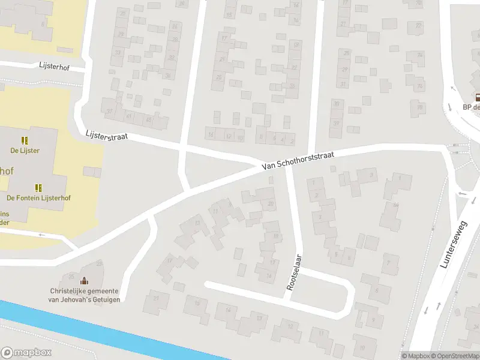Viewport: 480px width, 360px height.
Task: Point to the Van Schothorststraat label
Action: click(298, 160)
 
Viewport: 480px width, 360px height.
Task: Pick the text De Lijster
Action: click(25, 151)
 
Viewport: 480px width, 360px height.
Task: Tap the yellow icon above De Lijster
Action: click(25, 140)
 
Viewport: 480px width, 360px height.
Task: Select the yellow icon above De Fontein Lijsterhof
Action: click(38, 187)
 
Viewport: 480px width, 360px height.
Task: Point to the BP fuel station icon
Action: click(478, 97)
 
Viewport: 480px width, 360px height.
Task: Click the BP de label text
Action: click(472, 107)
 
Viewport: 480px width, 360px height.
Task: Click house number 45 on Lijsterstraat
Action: click(149, 119)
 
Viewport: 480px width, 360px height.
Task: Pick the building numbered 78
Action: click(419, 107)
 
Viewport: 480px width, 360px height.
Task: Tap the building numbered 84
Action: click(395, 205)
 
